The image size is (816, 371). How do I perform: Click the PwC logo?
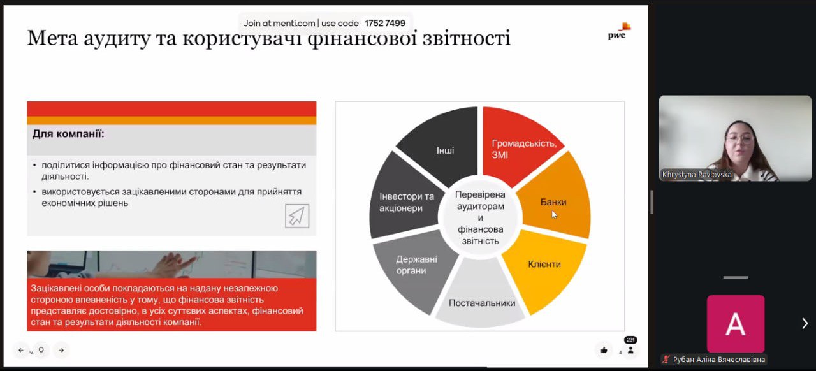(619, 31)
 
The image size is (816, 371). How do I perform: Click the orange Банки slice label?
(553, 202)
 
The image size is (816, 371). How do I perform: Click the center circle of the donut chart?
(480, 218)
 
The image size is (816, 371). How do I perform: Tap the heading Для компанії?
(68, 134)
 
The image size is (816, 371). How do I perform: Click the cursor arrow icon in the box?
(297, 215)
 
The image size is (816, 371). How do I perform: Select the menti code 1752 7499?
(384, 24)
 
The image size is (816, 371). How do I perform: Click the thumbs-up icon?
(604, 350)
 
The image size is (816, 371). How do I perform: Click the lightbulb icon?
(41, 350)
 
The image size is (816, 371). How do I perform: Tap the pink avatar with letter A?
(736, 324)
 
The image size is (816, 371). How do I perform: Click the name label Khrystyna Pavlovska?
(697, 175)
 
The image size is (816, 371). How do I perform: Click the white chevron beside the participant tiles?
(805, 323)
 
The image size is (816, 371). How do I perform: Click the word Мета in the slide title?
(52, 38)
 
